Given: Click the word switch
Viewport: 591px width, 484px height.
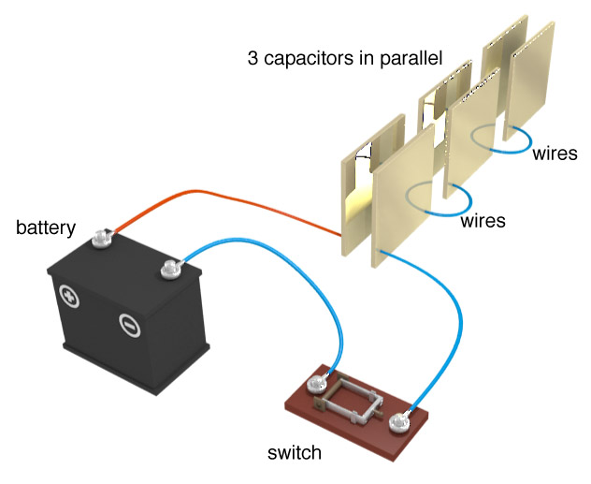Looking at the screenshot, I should [x=294, y=453].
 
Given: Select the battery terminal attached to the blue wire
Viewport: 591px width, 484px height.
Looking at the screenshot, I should [x=169, y=271].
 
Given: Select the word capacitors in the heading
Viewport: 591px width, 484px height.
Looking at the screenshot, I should [x=303, y=59].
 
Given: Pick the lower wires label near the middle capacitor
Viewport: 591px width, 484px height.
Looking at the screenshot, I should [x=483, y=221].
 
